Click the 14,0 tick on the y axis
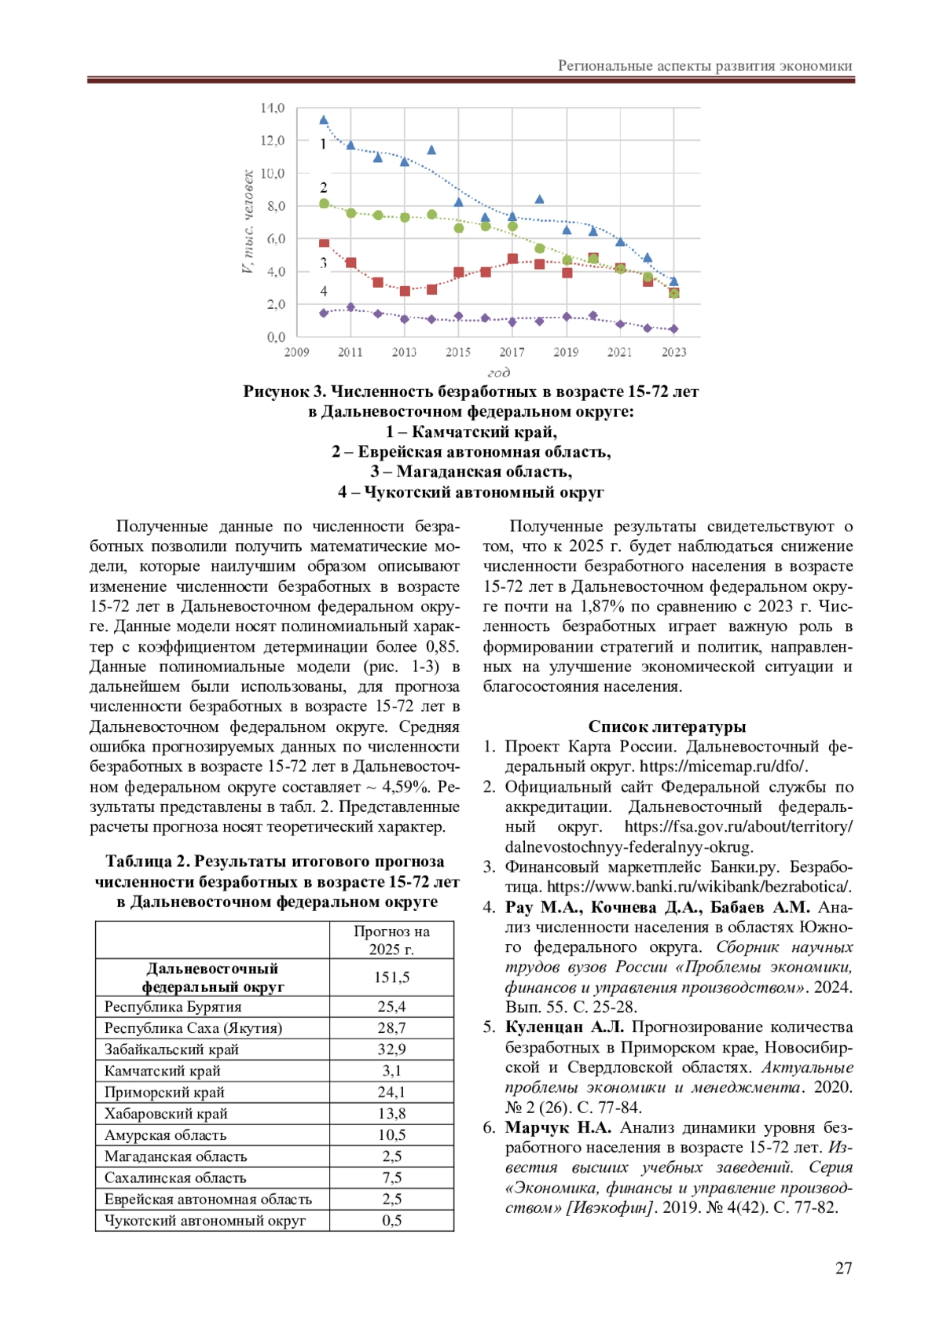(272, 108)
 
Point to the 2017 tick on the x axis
(512, 352)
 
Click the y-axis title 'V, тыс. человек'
(248, 222)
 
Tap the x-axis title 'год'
(498, 372)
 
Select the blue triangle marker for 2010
(324, 120)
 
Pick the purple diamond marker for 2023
(673, 329)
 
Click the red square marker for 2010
(324, 244)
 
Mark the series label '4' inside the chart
(323, 291)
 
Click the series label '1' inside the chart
(323, 144)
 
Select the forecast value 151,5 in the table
(391, 977)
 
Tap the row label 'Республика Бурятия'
(173, 1007)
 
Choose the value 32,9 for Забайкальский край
(391, 1049)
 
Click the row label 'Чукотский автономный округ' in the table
(205, 1221)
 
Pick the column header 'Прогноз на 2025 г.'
(391, 940)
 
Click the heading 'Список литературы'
(667, 726)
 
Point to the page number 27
(843, 1268)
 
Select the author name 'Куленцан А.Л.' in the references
(564, 1027)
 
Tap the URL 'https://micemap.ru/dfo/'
(723, 766)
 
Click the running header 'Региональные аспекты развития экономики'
(705, 66)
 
